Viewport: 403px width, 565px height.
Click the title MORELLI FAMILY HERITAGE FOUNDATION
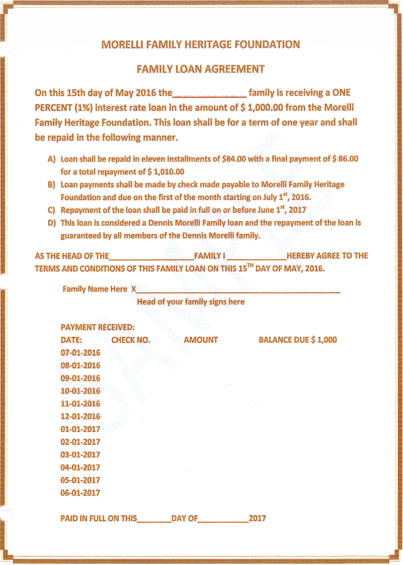(x=201, y=44)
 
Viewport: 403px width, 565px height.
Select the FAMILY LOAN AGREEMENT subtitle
(x=200, y=69)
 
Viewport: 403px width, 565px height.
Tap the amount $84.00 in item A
(x=234, y=159)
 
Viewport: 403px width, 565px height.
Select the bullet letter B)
(x=52, y=184)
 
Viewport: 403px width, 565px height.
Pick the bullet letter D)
(x=52, y=223)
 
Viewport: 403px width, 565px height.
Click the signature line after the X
(x=238, y=291)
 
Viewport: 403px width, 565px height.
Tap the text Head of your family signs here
(x=190, y=302)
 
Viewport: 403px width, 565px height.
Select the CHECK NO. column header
(x=131, y=340)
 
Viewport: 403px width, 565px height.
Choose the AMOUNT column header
(x=200, y=340)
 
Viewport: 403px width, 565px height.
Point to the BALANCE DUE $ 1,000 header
(x=298, y=340)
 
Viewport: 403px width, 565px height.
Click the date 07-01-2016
(x=81, y=352)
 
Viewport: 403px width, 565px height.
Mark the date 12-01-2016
(x=81, y=416)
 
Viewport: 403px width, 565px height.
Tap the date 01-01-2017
(x=81, y=429)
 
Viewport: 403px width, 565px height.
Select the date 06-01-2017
(x=81, y=493)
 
